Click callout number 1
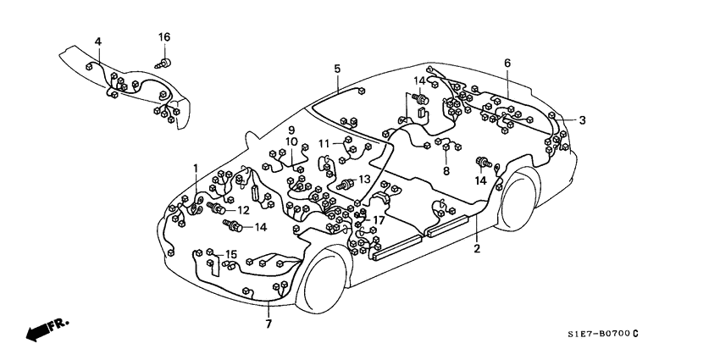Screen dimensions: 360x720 tap(196, 168)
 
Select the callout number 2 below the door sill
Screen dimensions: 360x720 tap(477, 248)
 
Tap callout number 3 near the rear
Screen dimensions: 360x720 tap(583, 119)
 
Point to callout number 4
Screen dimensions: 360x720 tap(97, 42)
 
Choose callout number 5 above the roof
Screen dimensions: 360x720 tap(336, 68)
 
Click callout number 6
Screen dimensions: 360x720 tap(507, 63)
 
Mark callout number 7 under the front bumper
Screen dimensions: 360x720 tap(269, 324)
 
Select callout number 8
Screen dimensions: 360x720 tap(446, 170)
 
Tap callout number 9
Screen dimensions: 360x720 tap(291, 130)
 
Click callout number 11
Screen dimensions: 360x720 tap(324, 142)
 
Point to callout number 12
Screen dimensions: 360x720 tap(243, 210)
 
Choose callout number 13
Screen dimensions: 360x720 tap(364, 180)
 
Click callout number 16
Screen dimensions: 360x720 tap(164, 36)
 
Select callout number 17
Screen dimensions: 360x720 tap(378, 220)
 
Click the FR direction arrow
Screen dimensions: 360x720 tap(47, 330)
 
